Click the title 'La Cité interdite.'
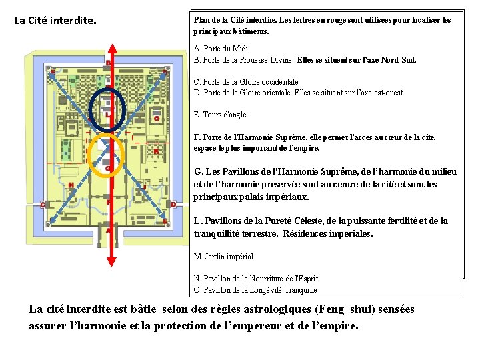coord(55,21)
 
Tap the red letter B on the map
coord(108,63)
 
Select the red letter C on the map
coord(43,205)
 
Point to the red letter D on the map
coord(173,205)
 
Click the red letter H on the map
coord(71,185)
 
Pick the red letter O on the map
coord(156,119)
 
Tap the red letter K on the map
coord(156,151)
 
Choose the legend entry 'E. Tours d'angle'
coord(220,115)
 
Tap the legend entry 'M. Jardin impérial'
coord(223,256)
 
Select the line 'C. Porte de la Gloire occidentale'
coord(246,82)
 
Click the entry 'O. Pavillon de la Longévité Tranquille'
coord(255,290)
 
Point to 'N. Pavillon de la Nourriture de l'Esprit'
coord(255,279)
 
